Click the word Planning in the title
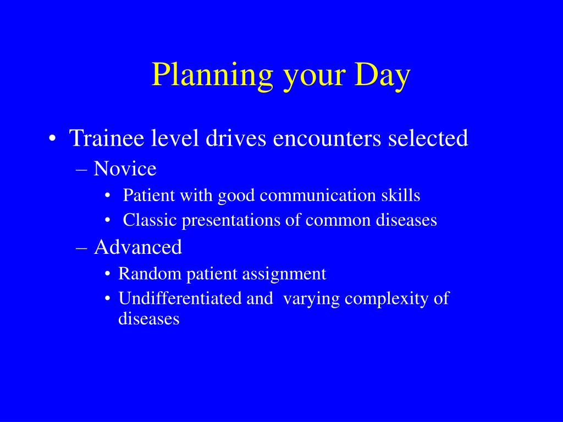tap(212, 75)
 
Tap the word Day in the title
tap(383, 75)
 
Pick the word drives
tap(235, 138)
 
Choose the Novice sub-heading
tap(125, 169)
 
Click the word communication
tap(317, 195)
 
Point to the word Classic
tap(150, 220)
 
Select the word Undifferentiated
tap(180, 298)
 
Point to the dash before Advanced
tap(82, 248)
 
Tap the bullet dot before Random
tap(108, 274)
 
